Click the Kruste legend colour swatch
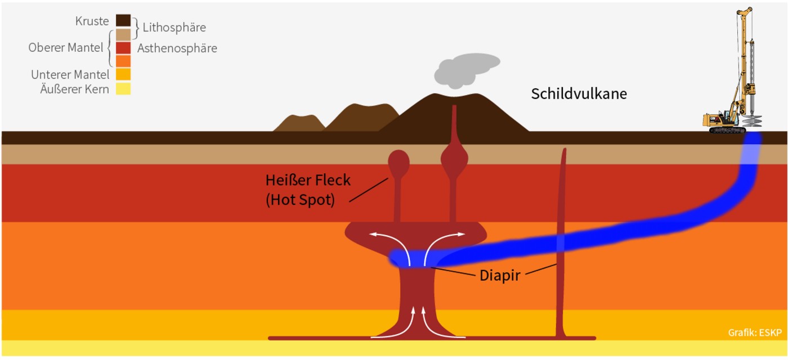tap(123, 20)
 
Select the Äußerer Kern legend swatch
tap(123, 89)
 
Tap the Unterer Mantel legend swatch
tap(123, 74)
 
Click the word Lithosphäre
tap(174, 27)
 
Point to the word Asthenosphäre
tap(177, 48)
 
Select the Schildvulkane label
tap(579, 94)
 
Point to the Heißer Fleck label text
tap(308, 181)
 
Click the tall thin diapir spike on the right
tap(562, 242)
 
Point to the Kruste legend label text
tap(92, 21)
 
